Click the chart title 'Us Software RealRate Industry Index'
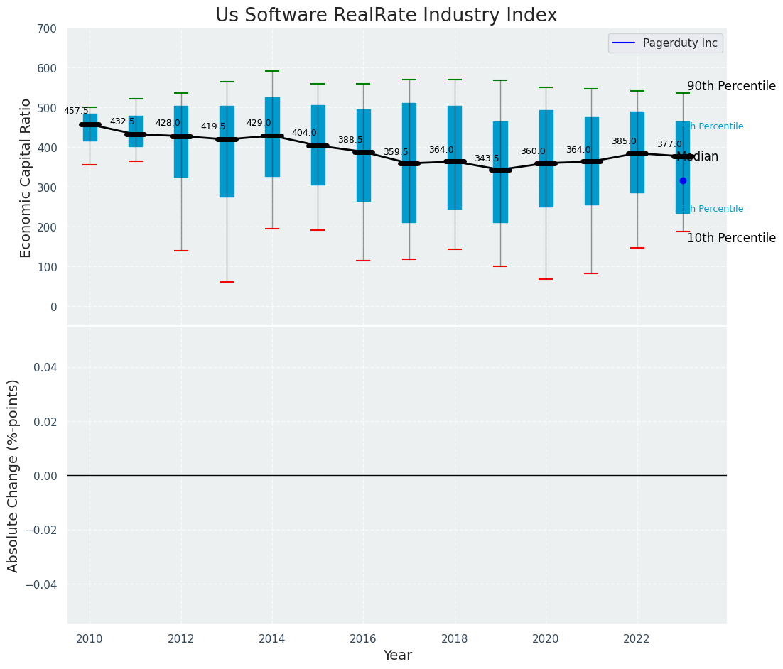[386, 16]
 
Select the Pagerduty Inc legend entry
[665, 43]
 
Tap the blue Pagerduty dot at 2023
[683, 180]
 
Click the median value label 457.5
[76, 111]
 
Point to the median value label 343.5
[487, 158]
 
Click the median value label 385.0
[624, 141]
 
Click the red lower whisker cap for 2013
[227, 282]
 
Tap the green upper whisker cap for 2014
[272, 71]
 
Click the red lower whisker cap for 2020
[546, 279]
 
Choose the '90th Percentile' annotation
[731, 86]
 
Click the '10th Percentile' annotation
[731, 238]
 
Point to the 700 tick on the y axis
[47, 28]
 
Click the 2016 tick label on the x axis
[363, 638]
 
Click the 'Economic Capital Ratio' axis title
[26, 178]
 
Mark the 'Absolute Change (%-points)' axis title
[13, 475]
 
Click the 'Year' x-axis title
[397, 656]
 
